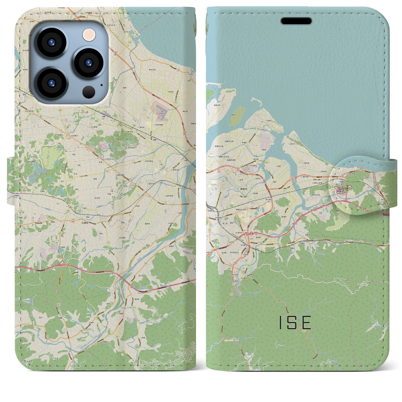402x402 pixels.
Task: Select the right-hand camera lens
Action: click(89, 62)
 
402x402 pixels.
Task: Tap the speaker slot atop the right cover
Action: click(296, 21)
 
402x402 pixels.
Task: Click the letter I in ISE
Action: click(280, 323)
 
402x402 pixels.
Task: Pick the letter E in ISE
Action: click(307, 323)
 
